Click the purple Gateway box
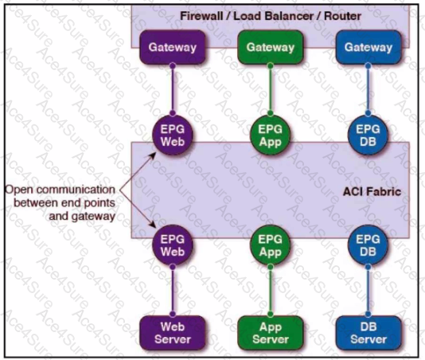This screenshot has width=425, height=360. [x=173, y=47]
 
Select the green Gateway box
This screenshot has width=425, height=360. [x=271, y=47]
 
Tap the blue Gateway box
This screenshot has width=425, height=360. [x=368, y=47]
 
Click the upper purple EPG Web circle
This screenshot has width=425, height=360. [x=173, y=135]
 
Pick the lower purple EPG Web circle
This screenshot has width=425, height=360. [x=173, y=245]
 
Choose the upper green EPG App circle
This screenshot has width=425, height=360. [x=271, y=135]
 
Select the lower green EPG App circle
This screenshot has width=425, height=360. [x=271, y=245]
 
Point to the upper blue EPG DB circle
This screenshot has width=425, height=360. [x=368, y=135]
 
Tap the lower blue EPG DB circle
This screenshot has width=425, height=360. [x=368, y=245]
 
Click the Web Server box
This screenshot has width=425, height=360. [x=173, y=333]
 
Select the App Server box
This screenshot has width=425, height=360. [x=271, y=333]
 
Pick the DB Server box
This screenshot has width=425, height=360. [x=368, y=333]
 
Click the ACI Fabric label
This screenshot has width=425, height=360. [x=372, y=192]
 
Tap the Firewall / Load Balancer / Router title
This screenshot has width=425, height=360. [x=271, y=16]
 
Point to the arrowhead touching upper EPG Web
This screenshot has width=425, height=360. [x=153, y=155]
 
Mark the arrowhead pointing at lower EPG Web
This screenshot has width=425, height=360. [x=153, y=225]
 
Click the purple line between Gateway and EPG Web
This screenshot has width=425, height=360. [x=173, y=89]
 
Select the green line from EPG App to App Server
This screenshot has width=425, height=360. [x=271, y=291]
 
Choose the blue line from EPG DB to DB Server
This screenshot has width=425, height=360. [x=368, y=291]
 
